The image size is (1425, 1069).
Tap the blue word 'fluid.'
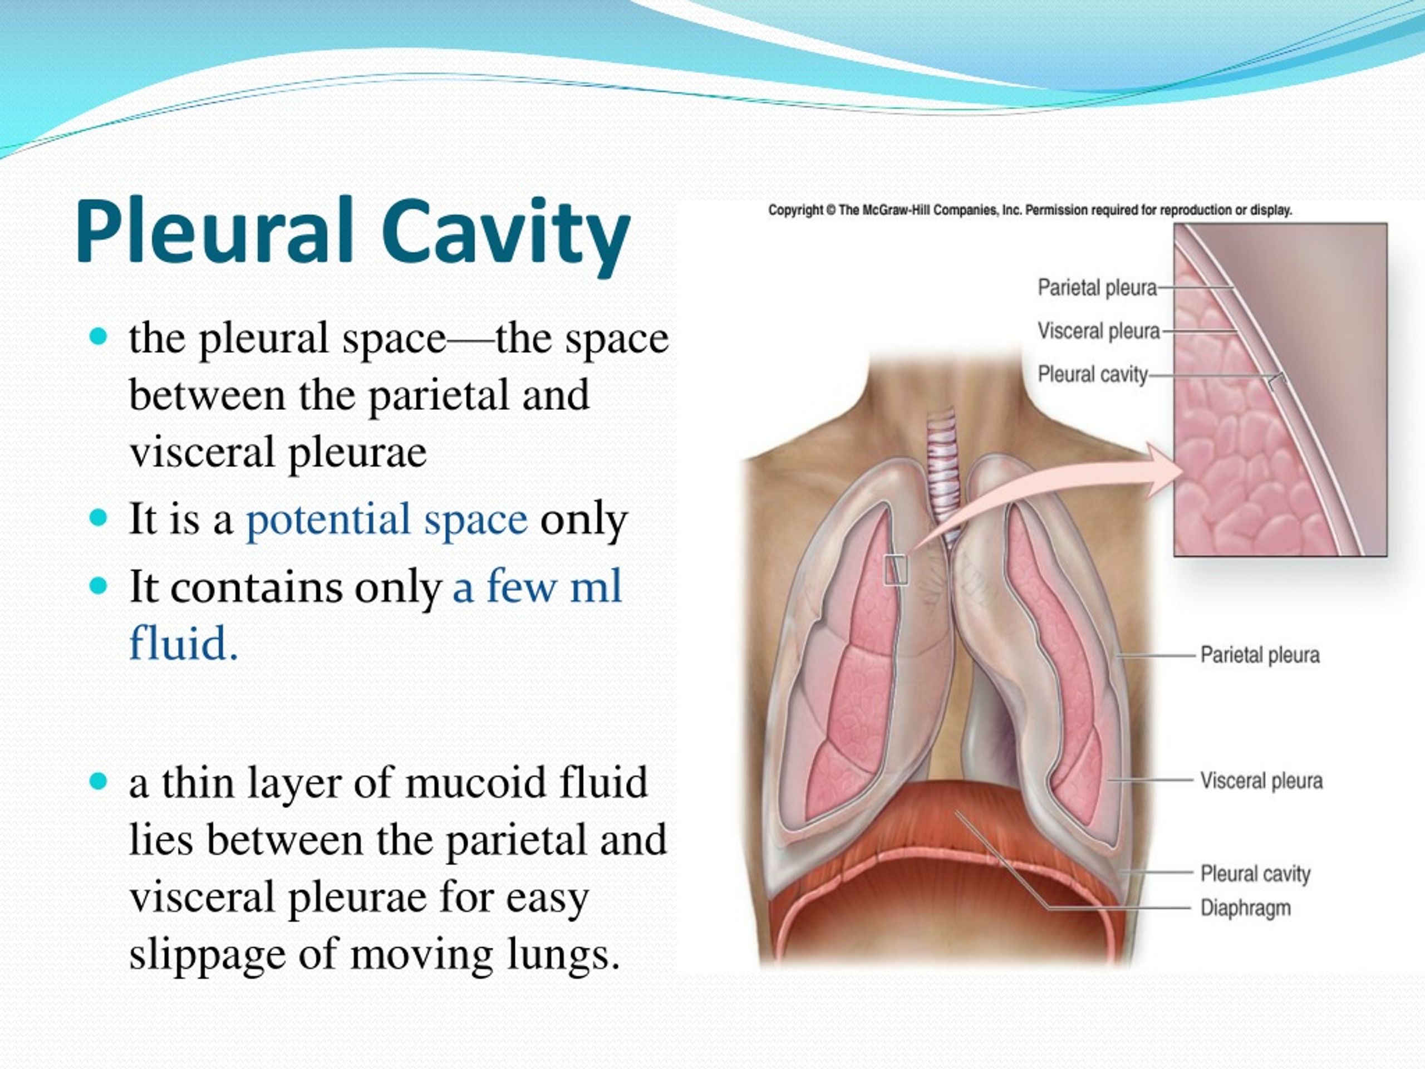pyautogui.click(x=184, y=643)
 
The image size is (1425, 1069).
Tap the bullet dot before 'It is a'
pyautogui.click(x=99, y=517)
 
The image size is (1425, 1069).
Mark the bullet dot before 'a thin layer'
pyautogui.click(x=99, y=782)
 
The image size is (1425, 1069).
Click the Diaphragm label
pyautogui.click(x=1245, y=909)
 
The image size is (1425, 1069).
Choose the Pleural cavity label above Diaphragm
pyautogui.click(x=1255, y=874)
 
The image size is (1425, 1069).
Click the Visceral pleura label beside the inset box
pyautogui.click(x=1098, y=331)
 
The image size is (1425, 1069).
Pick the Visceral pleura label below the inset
pyautogui.click(x=1261, y=781)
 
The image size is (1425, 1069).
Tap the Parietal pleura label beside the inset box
pyautogui.click(x=1097, y=287)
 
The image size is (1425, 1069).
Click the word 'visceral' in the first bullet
pyautogui.click(x=202, y=452)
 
